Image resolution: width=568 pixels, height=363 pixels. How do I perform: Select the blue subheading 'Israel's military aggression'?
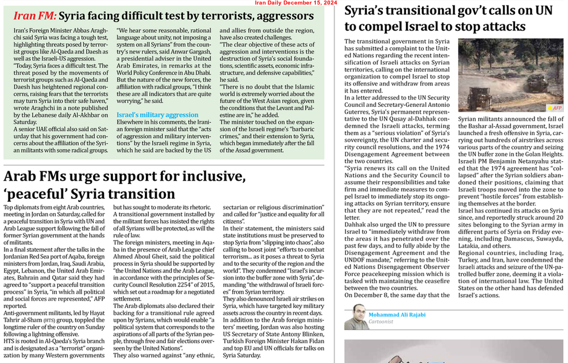point(157,115)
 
